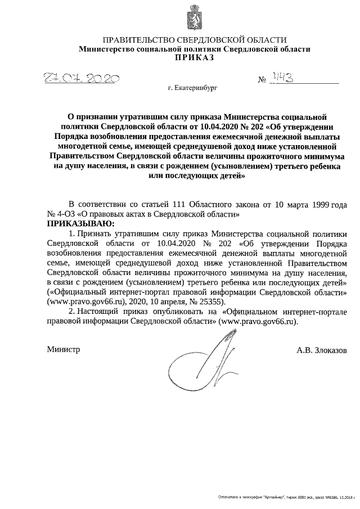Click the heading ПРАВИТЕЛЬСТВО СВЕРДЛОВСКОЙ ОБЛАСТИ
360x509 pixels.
(194, 40)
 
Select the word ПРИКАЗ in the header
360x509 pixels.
(194, 58)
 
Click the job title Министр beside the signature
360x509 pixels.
(63, 349)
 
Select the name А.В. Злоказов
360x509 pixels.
(322, 350)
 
